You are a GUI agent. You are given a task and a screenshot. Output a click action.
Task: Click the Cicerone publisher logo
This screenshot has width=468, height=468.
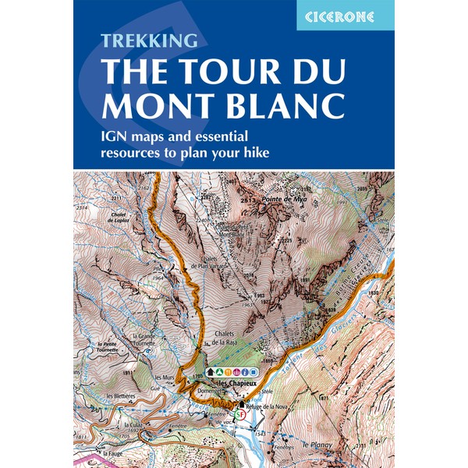point(345,16)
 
